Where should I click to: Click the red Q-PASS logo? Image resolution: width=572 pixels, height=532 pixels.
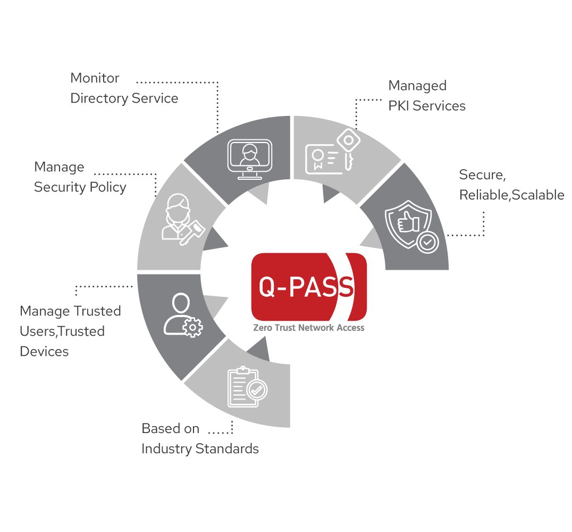309,287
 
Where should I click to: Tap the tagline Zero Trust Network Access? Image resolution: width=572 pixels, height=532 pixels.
309,328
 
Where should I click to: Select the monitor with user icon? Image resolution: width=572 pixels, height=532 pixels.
250,159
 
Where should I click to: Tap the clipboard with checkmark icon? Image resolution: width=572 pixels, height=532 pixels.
247,387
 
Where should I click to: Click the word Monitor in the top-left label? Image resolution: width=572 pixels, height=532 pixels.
95,78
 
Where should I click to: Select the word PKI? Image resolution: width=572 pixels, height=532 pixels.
399,106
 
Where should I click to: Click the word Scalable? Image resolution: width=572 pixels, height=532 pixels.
538,195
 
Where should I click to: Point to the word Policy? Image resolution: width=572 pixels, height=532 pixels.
108,187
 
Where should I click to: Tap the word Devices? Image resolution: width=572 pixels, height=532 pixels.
44,351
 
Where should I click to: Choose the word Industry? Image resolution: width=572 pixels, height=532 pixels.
167,449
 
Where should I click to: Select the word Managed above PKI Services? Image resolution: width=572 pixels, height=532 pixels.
417,86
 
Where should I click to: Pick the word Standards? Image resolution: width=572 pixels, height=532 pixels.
227,448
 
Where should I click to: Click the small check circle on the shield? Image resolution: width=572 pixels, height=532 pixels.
427,242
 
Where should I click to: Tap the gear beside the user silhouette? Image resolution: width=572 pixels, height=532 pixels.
192,327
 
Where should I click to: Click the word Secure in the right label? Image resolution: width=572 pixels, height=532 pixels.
482,175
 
